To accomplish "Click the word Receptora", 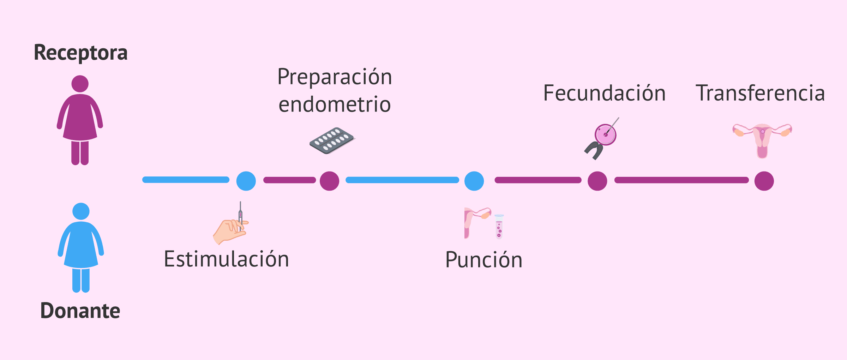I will tap(80, 53).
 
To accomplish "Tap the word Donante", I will tap(80, 311).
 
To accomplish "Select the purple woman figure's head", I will tap(80, 84).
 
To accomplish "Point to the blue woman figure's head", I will tap(81, 211).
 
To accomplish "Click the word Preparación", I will tap(335, 77).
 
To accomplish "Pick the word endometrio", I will tap(335, 104).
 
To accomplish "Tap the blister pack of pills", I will tap(332, 140).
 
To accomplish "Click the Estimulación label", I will tap(226, 259).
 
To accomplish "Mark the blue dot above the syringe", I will tap(246, 181).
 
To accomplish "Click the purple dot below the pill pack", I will tap(329, 181).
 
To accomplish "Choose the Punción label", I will tap(483, 260).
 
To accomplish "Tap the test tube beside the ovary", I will tap(499, 227).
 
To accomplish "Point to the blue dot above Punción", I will tap(474, 181).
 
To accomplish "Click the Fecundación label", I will tap(604, 93).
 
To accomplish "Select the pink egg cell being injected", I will tap(605, 134).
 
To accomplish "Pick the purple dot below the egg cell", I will tap(597, 181).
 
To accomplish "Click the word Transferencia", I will tap(760, 93).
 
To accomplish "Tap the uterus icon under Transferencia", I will tap(762, 140).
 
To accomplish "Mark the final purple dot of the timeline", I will tap(764, 181).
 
